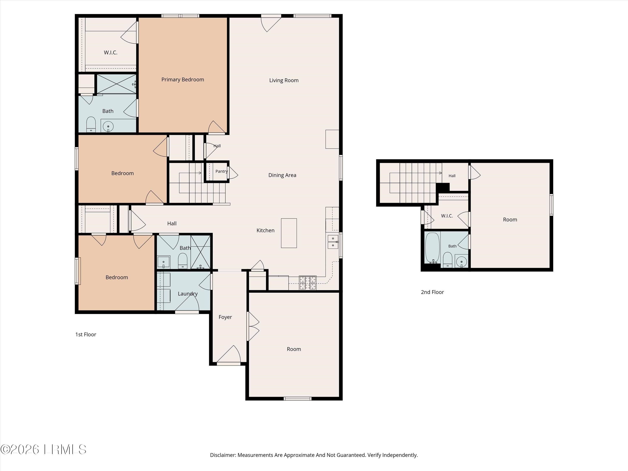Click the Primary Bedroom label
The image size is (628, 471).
coord(183,80)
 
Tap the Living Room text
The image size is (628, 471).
coord(284,80)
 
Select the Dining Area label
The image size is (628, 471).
coord(282,175)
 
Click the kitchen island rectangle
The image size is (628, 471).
coord(289,233)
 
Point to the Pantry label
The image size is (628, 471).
coord(221,171)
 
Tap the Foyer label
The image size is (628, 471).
coord(225,317)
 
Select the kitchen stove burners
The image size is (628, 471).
coord(308,283)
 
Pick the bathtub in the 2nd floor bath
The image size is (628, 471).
coord(432,248)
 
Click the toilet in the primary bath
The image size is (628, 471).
coord(91,124)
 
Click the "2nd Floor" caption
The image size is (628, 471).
coord(432,292)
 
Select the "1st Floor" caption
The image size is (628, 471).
coord(86,335)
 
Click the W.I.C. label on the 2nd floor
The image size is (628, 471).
coord(447,216)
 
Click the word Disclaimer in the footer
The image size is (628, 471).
coord(223,455)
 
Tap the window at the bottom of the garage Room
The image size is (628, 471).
coord(297,399)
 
